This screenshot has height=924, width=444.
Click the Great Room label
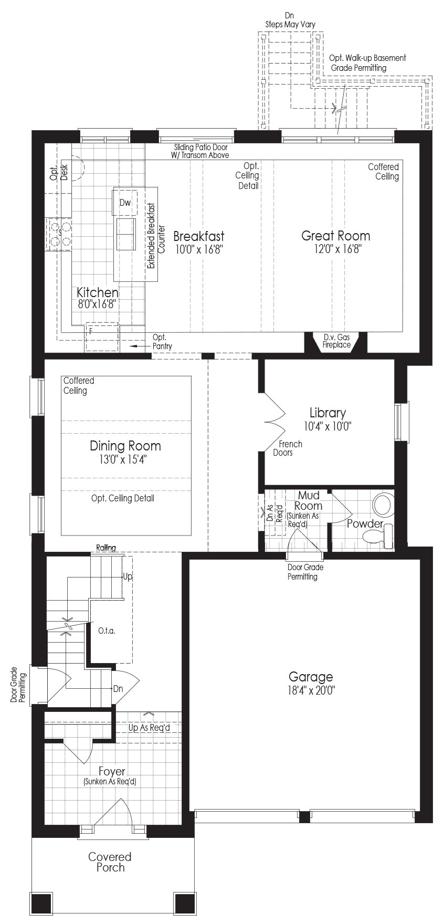[x=335, y=236]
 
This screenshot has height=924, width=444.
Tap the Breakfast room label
[x=199, y=236]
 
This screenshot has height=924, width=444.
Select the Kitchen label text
[x=98, y=292]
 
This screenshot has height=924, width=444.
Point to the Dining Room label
[x=125, y=446]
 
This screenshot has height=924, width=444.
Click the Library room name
[x=327, y=413]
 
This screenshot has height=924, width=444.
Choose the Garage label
[x=311, y=677]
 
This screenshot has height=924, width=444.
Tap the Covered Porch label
[x=110, y=862]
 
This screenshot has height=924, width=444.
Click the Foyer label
[x=112, y=771]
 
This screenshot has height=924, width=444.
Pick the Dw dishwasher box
[x=124, y=202]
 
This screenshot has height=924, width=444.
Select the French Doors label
[x=288, y=448]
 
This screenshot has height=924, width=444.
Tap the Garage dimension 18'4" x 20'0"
[x=311, y=690]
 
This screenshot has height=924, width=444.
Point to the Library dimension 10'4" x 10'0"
[x=327, y=426]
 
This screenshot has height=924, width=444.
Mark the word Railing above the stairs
[x=106, y=548]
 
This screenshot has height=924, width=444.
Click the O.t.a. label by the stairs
[x=107, y=631]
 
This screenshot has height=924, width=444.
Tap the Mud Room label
[x=308, y=500]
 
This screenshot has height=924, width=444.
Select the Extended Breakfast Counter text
[x=156, y=236]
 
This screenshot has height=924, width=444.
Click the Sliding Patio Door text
[x=201, y=148]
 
